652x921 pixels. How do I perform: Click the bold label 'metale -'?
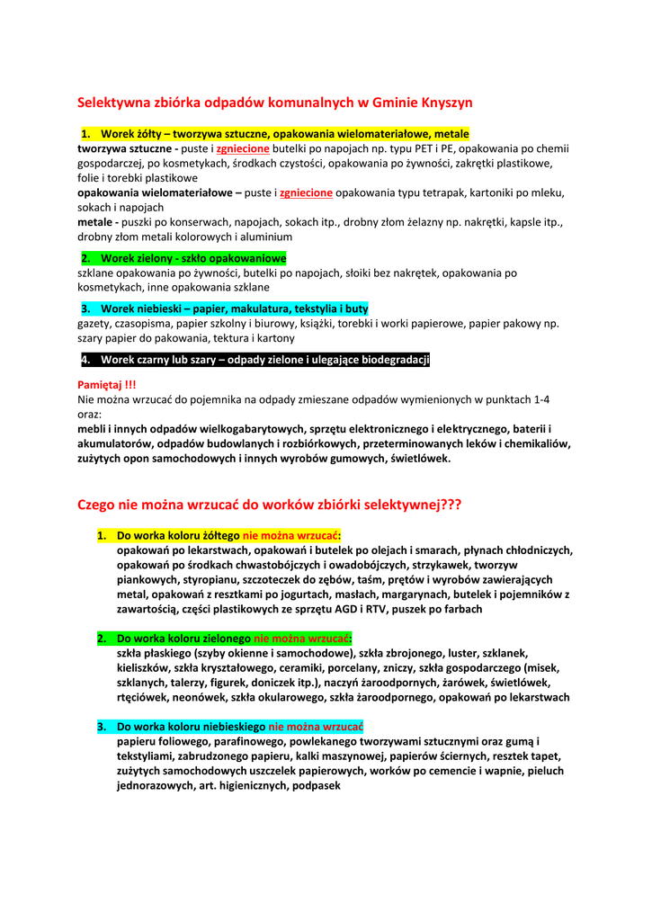click(x=99, y=222)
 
